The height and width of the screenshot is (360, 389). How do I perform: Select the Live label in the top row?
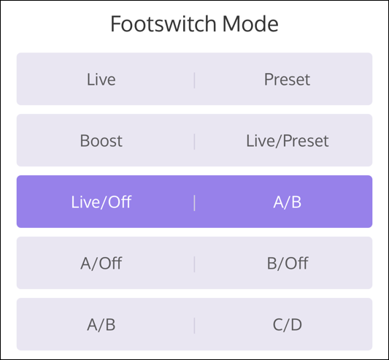tap(101, 80)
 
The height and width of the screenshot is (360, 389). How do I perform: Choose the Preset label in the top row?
tap(288, 80)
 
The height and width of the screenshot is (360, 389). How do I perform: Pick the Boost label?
tap(101, 141)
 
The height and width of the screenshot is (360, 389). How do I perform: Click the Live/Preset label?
tap(288, 141)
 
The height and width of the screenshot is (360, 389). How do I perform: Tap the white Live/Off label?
tap(101, 202)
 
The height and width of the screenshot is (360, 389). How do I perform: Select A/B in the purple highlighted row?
tap(288, 202)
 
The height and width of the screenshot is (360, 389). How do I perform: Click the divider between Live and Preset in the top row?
tap(194, 80)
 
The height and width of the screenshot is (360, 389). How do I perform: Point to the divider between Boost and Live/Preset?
tap(194, 141)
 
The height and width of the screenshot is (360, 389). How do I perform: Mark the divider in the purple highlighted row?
tap(194, 202)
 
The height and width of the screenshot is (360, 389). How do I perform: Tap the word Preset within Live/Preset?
tap(305, 141)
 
